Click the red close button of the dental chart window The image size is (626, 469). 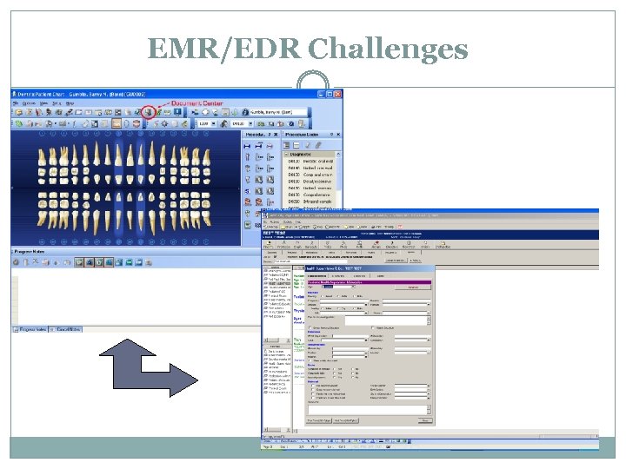(x=338, y=94)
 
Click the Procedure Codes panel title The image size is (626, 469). (x=302, y=135)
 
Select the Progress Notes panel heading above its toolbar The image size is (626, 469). (x=30, y=252)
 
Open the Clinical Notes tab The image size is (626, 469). (x=66, y=329)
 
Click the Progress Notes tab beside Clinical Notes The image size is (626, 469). (x=30, y=329)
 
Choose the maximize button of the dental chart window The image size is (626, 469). (x=330, y=94)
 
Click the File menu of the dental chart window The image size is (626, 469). (x=17, y=102)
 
